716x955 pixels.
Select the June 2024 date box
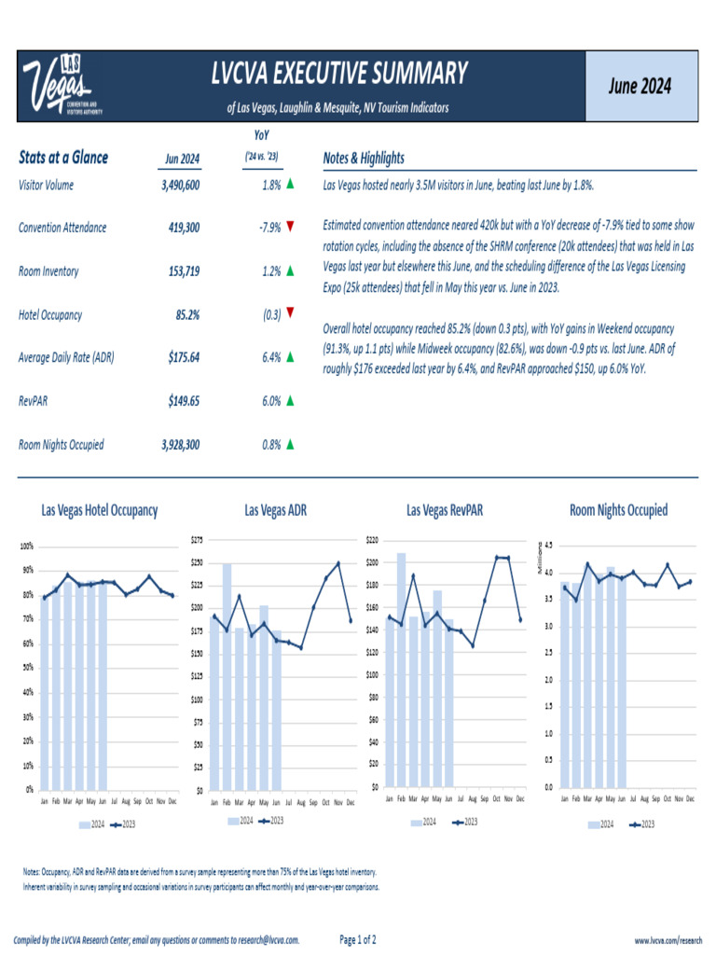[640, 86]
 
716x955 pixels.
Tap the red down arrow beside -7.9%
[291, 228]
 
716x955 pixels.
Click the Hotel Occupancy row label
[50, 315]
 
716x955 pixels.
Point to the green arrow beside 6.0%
[291, 401]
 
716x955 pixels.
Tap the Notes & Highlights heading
[363, 158]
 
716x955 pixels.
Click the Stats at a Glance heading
[63, 158]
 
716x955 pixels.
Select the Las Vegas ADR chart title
[275, 510]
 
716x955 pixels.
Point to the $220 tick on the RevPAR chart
[372, 540]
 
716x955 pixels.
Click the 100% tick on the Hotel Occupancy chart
[27, 546]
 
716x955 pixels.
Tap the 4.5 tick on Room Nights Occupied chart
[548, 545]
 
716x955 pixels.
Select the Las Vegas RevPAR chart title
[445, 510]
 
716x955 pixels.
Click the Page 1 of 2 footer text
[358, 939]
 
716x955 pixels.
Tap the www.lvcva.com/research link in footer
[668, 940]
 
